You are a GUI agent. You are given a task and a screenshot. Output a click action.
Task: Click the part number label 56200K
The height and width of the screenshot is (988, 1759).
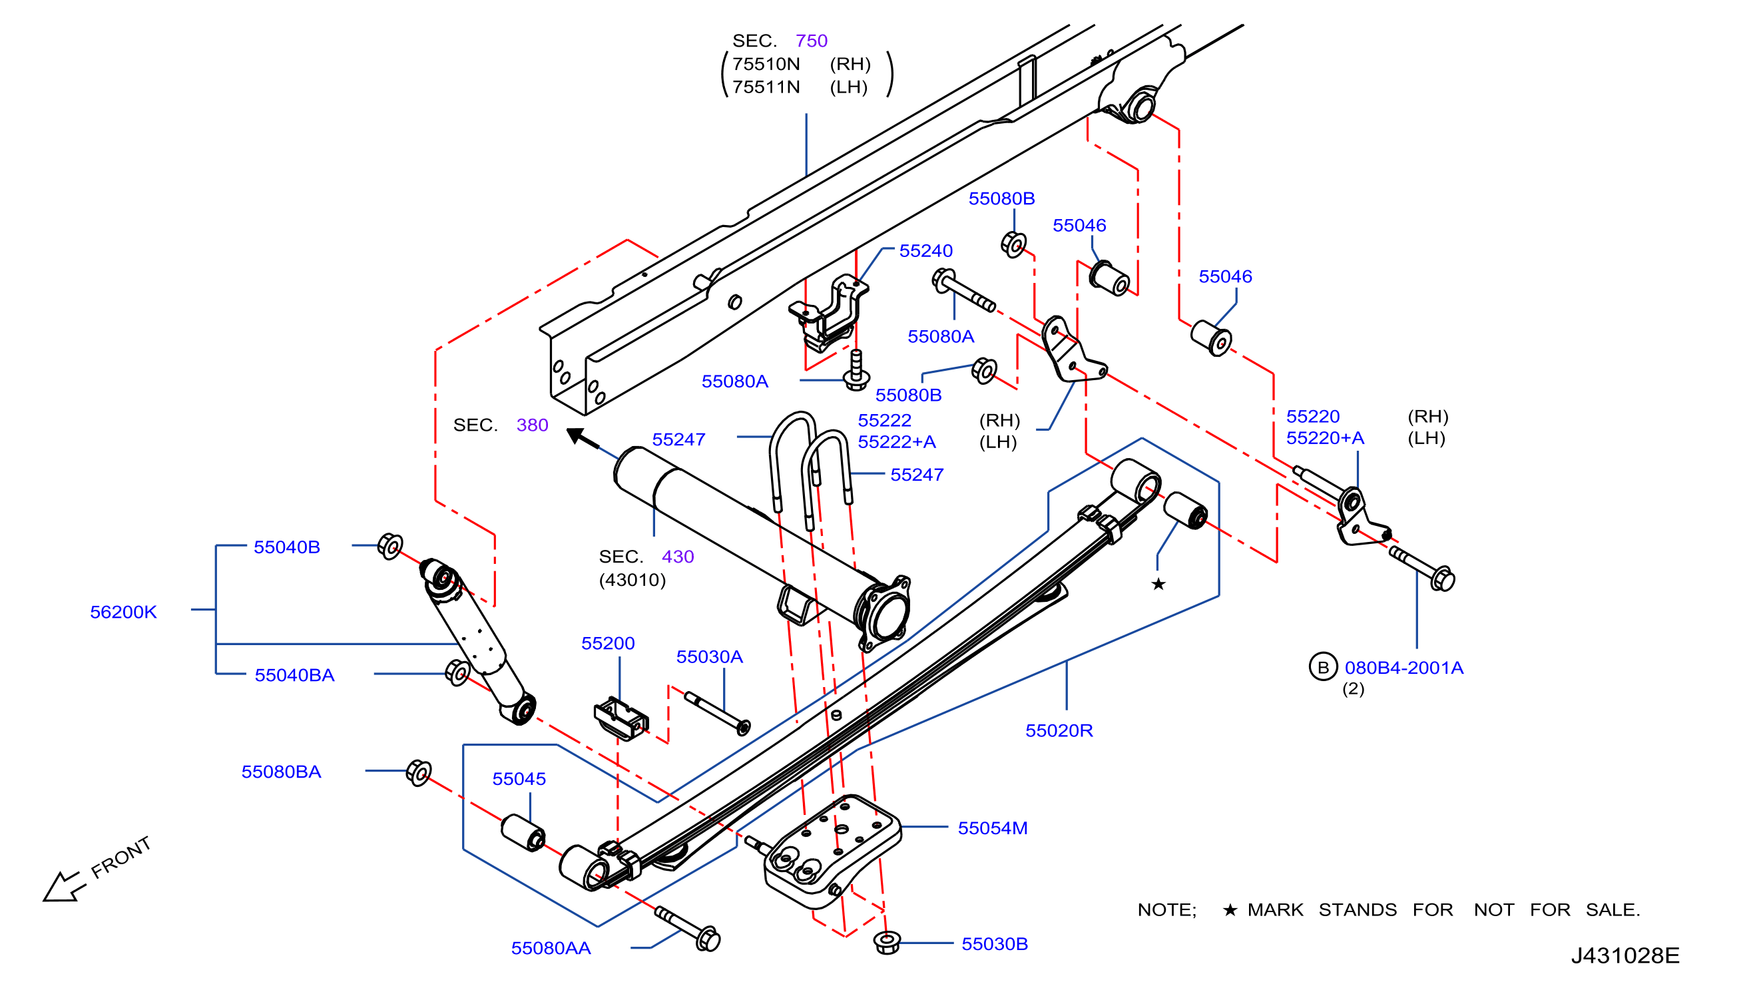124,612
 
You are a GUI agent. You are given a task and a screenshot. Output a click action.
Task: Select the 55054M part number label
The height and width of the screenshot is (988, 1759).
992,828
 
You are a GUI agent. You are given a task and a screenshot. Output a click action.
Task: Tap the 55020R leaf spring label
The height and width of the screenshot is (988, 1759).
1059,730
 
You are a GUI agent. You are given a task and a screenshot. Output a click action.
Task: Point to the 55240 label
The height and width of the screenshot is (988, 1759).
926,250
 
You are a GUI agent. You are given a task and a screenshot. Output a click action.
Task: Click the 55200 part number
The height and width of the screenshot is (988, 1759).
608,643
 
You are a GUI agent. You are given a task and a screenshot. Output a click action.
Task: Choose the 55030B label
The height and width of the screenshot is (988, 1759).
995,943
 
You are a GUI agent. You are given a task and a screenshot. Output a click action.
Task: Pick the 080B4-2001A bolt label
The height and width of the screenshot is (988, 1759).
1404,668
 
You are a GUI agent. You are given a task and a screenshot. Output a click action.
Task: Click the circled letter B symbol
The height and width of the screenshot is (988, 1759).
1323,667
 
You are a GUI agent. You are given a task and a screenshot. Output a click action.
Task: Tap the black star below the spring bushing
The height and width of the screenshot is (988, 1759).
1158,584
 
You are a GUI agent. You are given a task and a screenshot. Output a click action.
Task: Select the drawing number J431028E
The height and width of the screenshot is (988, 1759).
1625,955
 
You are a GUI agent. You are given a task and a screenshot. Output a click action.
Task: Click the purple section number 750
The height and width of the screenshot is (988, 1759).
811,41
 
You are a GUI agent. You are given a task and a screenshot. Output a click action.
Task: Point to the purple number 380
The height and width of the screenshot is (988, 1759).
532,425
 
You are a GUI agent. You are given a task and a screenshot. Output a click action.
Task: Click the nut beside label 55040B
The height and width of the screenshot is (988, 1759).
390,546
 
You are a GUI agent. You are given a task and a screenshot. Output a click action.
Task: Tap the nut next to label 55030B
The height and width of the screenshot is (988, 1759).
887,942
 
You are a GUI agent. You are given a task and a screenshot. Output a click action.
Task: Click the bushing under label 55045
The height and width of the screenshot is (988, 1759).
523,833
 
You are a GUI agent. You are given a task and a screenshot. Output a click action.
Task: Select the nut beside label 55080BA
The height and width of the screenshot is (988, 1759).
419,772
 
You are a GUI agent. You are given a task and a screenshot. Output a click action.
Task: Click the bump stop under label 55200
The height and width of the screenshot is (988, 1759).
621,718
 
